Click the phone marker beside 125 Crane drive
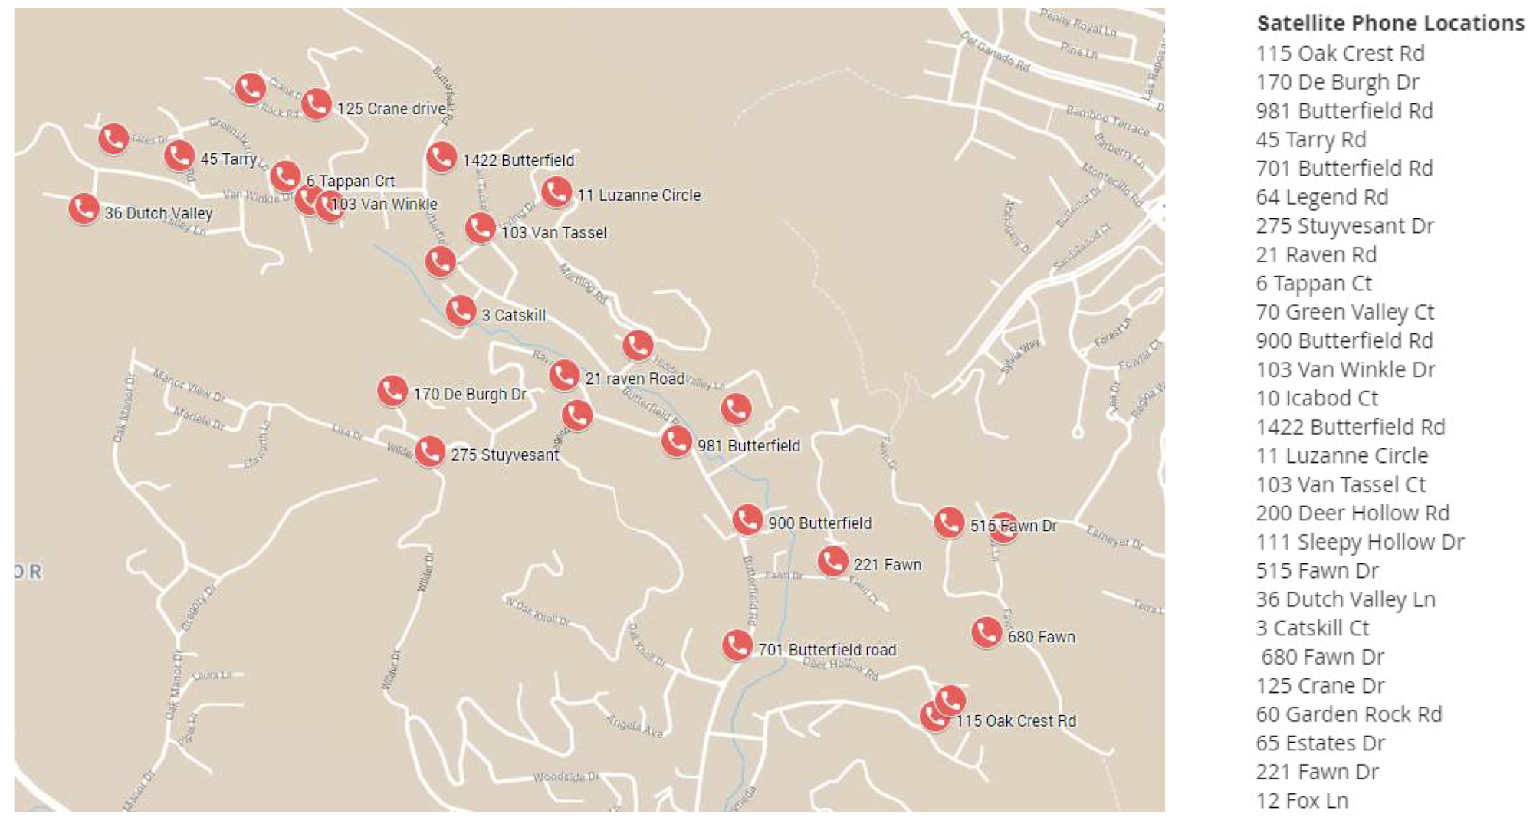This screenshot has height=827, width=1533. [316, 104]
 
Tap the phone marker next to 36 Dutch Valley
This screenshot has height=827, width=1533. [84, 208]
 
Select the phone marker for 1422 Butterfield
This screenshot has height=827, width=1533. [442, 157]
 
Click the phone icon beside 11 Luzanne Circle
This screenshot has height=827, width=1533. [556, 192]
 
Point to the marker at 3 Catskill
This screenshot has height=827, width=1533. [461, 310]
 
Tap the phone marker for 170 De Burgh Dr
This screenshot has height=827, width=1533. [392, 391]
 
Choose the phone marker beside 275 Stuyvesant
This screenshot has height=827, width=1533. [430, 451]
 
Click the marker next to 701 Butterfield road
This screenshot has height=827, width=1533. [737, 645]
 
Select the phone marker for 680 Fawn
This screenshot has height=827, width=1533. [986, 632]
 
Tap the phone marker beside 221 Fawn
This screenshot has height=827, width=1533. [832, 561]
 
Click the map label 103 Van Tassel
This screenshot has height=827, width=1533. [553, 232]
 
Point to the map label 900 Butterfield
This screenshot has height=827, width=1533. [819, 523]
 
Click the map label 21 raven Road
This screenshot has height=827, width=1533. [635, 379]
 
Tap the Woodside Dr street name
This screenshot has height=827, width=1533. [566, 777]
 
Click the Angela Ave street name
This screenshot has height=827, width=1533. [635, 725]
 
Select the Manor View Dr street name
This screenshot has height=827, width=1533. [189, 385]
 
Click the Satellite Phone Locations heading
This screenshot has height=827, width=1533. [1390, 24]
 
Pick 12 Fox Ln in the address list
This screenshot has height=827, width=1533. [1302, 801]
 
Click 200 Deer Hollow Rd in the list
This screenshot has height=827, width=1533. [1352, 514]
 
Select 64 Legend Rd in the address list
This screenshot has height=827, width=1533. [1321, 198]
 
